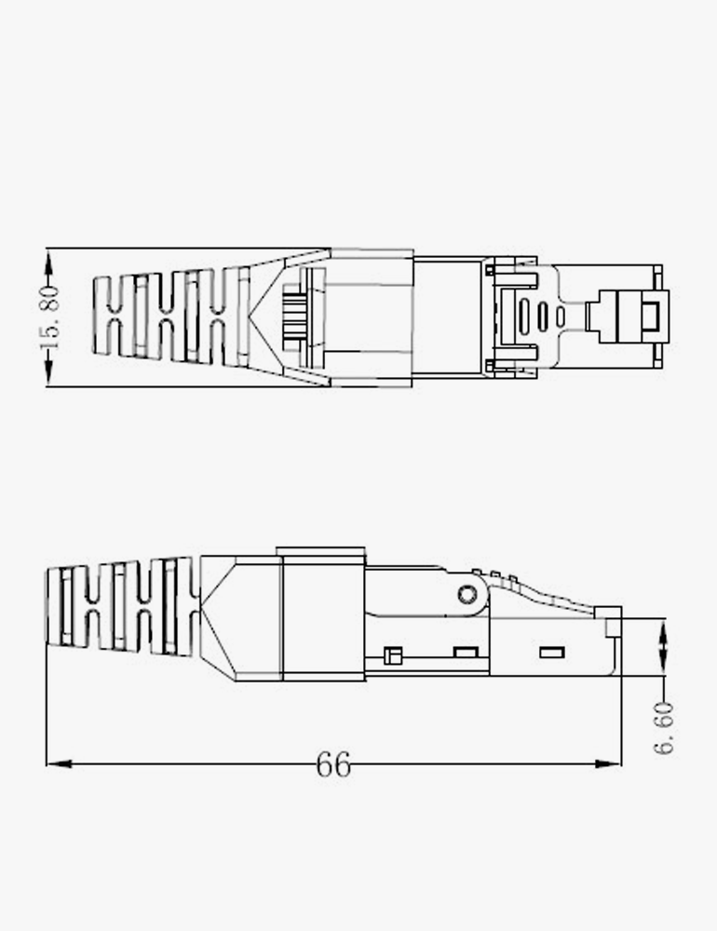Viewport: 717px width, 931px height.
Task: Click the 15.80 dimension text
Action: tap(50, 317)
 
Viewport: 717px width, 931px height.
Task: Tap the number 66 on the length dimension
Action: tap(333, 764)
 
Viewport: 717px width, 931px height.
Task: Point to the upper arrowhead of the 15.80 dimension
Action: tap(48, 263)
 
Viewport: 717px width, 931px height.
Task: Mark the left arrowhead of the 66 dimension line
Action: tap(60, 763)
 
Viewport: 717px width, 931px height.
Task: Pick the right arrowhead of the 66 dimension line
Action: tap(608, 763)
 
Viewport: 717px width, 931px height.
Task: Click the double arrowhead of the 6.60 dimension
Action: tap(664, 647)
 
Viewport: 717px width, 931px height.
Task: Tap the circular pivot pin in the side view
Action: tap(467, 594)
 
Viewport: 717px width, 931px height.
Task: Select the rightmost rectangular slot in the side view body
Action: tap(552, 654)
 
